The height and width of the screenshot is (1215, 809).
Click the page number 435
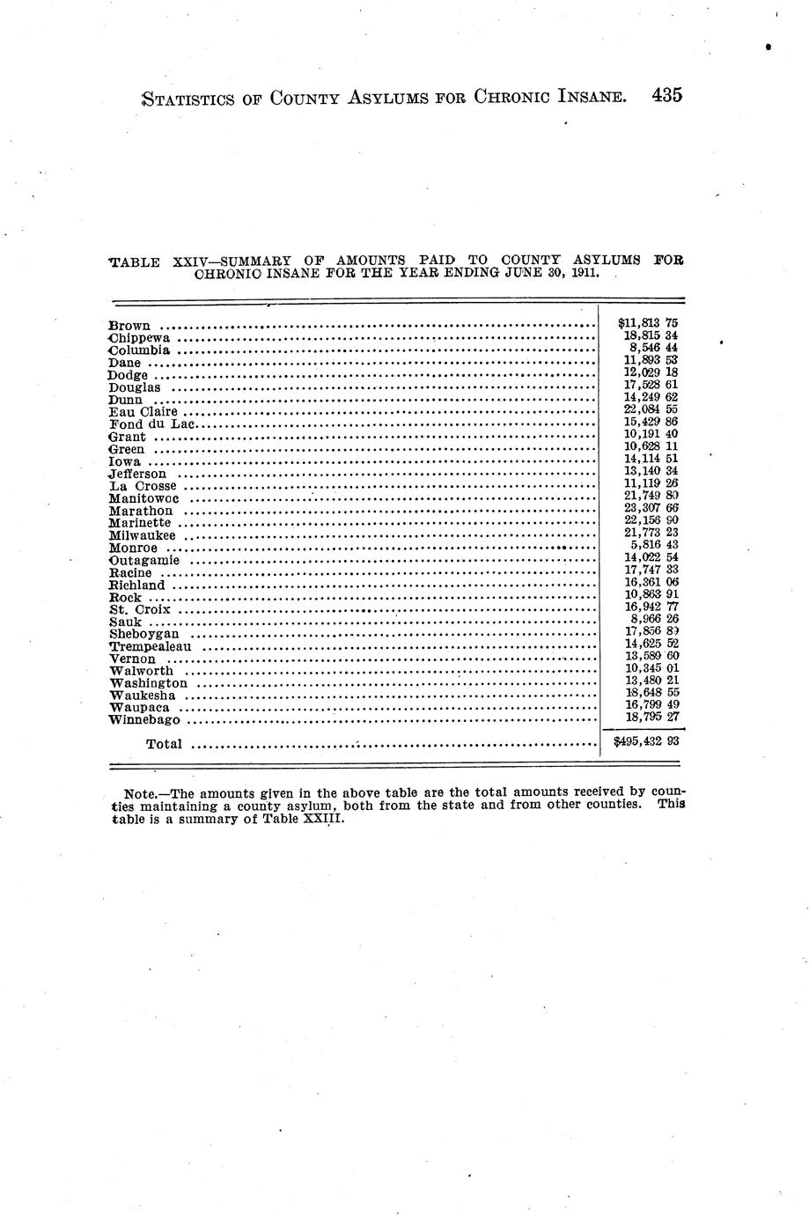coord(667,96)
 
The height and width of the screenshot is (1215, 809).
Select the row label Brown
coord(129,325)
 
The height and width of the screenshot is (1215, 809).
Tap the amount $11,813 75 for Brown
coord(648,323)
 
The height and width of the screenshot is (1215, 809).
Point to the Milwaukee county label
coord(143,535)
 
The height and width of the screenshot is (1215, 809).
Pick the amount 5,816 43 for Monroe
coord(654,545)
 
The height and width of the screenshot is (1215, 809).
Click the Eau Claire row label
coord(143,411)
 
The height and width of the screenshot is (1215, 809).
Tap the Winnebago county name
coord(144,720)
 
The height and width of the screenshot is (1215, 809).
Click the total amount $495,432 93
coord(645,742)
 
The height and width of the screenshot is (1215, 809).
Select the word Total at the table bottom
coord(164,744)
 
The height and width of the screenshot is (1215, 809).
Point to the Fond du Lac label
coord(146,424)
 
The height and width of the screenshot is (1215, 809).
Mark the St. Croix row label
coord(140,609)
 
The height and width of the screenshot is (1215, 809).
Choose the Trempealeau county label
coord(151,646)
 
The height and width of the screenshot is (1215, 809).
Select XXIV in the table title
coord(193,261)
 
